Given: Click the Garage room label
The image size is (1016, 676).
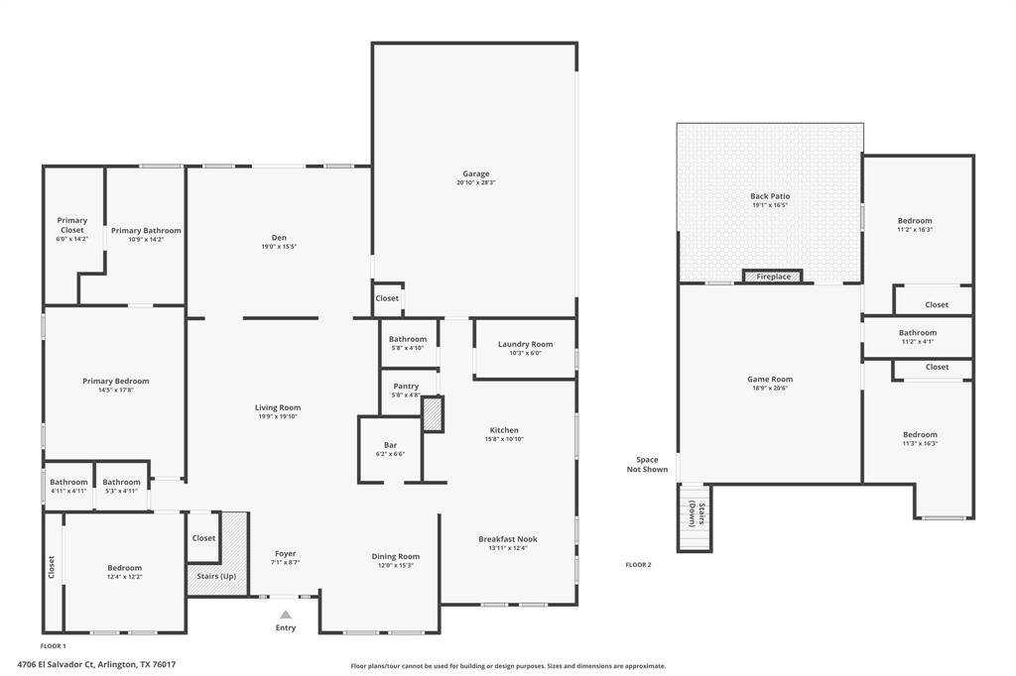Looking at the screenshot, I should tap(476, 173).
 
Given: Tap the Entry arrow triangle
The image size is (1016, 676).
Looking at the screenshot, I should tap(286, 615).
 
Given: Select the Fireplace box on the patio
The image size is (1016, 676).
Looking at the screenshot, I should tap(773, 277).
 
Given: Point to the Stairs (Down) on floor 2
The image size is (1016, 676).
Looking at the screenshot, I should tap(694, 515).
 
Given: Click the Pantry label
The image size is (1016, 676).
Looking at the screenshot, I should tap(406, 386).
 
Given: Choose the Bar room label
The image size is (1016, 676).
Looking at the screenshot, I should tap(390, 445).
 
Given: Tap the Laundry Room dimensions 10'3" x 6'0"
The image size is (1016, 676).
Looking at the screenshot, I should tap(525, 353).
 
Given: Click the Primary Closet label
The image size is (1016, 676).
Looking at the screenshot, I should tap(71, 225).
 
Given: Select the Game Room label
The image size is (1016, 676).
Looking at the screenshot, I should tap(770, 379).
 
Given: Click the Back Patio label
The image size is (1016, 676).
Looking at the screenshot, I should tap(770, 196).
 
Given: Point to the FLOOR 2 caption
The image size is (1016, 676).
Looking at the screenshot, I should tap(638, 565).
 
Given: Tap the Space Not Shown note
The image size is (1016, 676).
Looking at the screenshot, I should tap(647, 464).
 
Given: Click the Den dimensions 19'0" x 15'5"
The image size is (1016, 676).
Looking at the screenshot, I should tap(279, 246).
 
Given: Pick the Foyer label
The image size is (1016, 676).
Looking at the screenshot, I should tap(286, 553).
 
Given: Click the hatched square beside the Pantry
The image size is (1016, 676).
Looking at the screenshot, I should tap(433, 414).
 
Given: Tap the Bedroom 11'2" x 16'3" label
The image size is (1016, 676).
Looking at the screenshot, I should tap(915, 220).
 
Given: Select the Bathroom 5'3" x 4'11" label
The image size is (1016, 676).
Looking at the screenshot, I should tap(121, 482).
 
